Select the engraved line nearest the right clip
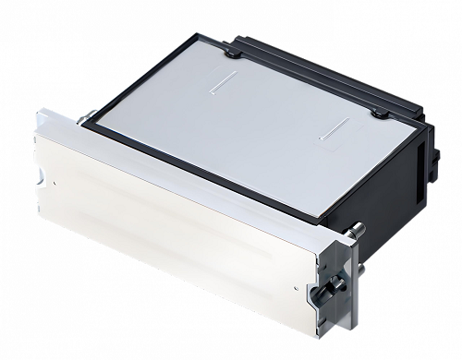(332, 130)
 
